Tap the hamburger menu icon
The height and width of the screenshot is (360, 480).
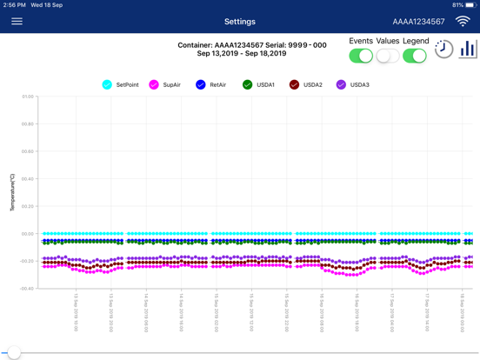tap(17, 22)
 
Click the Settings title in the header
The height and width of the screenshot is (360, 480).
tap(240, 22)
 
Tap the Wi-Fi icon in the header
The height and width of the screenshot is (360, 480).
tap(463, 21)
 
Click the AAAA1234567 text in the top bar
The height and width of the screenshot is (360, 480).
tap(418, 22)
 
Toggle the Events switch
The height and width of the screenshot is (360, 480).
tap(361, 56)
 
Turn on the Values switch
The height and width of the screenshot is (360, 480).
tap(388, 56)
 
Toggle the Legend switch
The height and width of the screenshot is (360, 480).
tap(415, 56)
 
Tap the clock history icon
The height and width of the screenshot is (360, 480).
tap(443, 50)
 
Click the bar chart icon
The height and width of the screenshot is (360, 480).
tap(468, 50)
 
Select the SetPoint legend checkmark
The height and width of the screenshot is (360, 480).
tap(107, 85)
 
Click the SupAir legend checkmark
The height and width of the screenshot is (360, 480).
tap(154, 85)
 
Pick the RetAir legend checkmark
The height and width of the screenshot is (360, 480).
tap(201, 85)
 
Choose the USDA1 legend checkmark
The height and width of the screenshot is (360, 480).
tap(248, 85)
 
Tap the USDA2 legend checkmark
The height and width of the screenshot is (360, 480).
tap(294, 85)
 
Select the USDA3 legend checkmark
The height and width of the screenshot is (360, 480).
tap(341, 85)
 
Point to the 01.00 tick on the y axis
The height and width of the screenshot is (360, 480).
tap(28, 97)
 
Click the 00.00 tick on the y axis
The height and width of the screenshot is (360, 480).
tap(28, 234)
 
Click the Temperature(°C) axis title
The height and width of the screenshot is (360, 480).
tap(13, 192)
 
